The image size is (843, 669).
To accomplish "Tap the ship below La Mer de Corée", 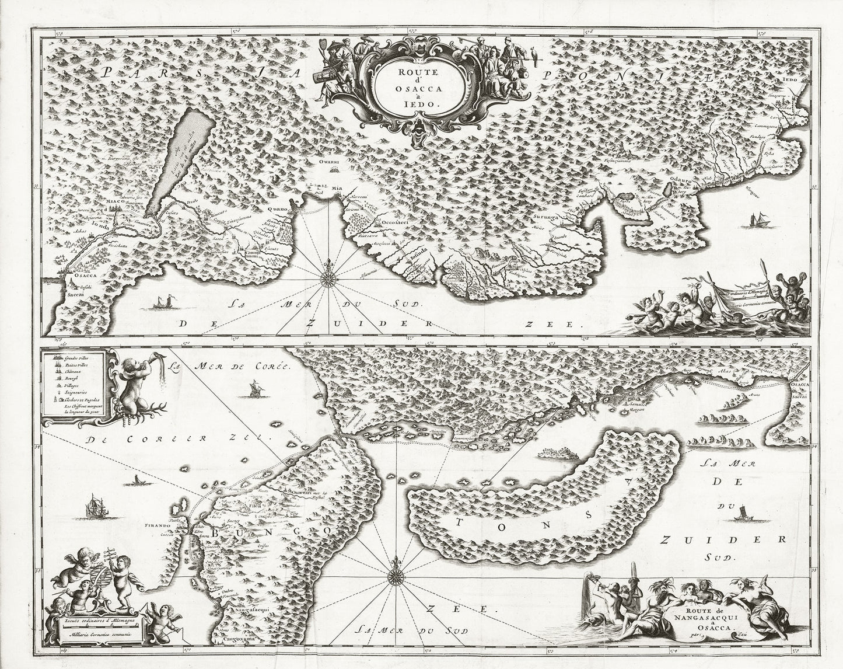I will [254, 388].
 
